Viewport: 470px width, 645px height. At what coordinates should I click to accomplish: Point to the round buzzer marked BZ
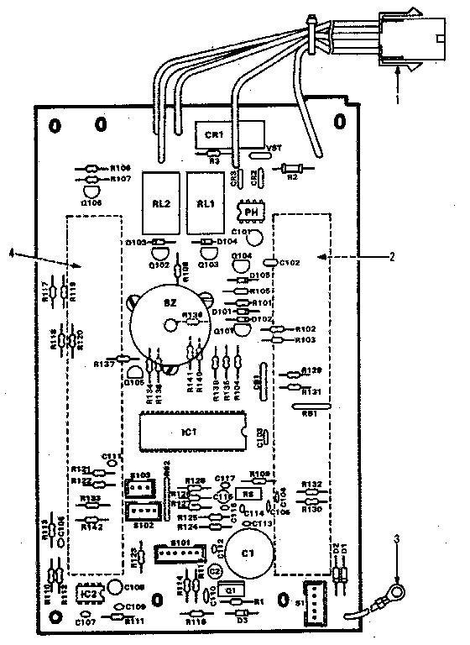(x=168, y=323)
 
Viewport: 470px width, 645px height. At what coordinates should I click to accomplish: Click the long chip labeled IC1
(x=190, y=432)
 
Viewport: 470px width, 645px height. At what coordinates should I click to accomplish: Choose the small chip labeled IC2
(x=90, y=593)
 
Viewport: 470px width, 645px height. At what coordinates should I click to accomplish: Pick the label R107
(x=121, y=178)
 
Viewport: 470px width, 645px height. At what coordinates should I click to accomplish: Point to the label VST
(x=274, y=149)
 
